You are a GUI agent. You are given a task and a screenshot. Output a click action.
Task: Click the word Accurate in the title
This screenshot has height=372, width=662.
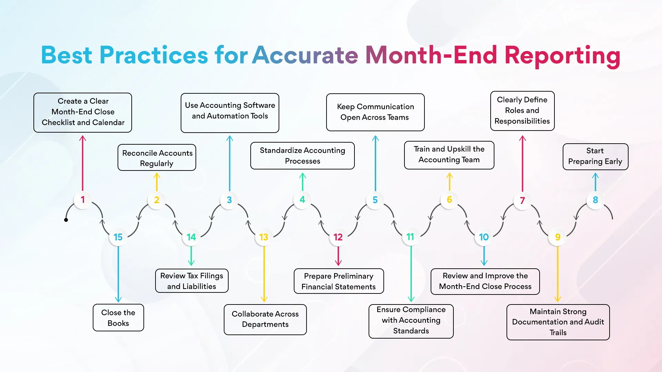tap(305, 55)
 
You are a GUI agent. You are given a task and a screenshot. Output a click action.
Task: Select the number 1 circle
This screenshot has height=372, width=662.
tap(82, 200)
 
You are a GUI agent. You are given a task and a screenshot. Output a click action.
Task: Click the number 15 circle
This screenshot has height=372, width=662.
tap(118, 237)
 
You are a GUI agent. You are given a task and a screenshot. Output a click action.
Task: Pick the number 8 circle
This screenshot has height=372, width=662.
tap(595, 200)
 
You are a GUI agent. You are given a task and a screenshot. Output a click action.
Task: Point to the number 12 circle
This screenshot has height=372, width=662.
tap(338, 237)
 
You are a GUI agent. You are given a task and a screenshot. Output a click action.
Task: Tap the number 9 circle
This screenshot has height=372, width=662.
tap(558, 237)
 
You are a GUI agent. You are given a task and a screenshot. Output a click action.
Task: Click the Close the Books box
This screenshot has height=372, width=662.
tap(118, 318)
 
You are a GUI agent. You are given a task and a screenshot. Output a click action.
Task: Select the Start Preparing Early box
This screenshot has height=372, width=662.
tap(595, 156)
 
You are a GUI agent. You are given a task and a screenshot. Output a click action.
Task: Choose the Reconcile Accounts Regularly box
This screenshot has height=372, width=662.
tap(157, 158)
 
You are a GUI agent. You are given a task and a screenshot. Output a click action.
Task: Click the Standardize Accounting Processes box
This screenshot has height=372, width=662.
tap(302, 156)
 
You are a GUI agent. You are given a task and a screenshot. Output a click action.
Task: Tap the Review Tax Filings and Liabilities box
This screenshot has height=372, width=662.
tap(192, 281)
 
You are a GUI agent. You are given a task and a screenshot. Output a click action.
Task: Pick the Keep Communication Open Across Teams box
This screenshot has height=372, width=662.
tap(375, 112)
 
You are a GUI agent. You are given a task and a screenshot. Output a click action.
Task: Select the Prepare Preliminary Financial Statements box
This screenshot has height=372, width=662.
tap(339, 281)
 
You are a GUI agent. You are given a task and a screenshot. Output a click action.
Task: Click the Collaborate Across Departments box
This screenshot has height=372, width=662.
tap(265, 319)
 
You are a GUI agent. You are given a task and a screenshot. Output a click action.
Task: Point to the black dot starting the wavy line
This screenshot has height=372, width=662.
tap(66, 220)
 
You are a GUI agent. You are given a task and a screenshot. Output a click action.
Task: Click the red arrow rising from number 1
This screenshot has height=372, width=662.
tap(82, 162)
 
